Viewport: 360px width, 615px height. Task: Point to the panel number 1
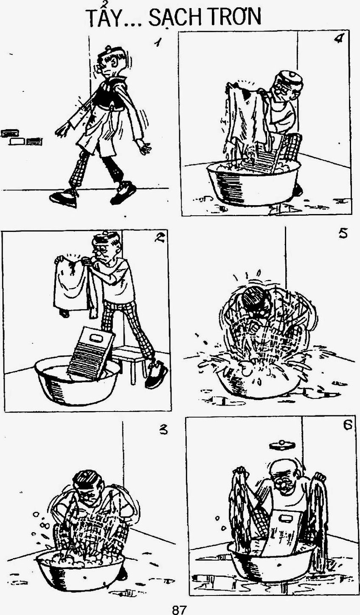pos(157,42)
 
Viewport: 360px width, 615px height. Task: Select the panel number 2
pos(159,238)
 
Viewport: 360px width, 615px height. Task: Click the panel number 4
pos(338,40)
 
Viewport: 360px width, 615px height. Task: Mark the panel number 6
pos(347,425)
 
